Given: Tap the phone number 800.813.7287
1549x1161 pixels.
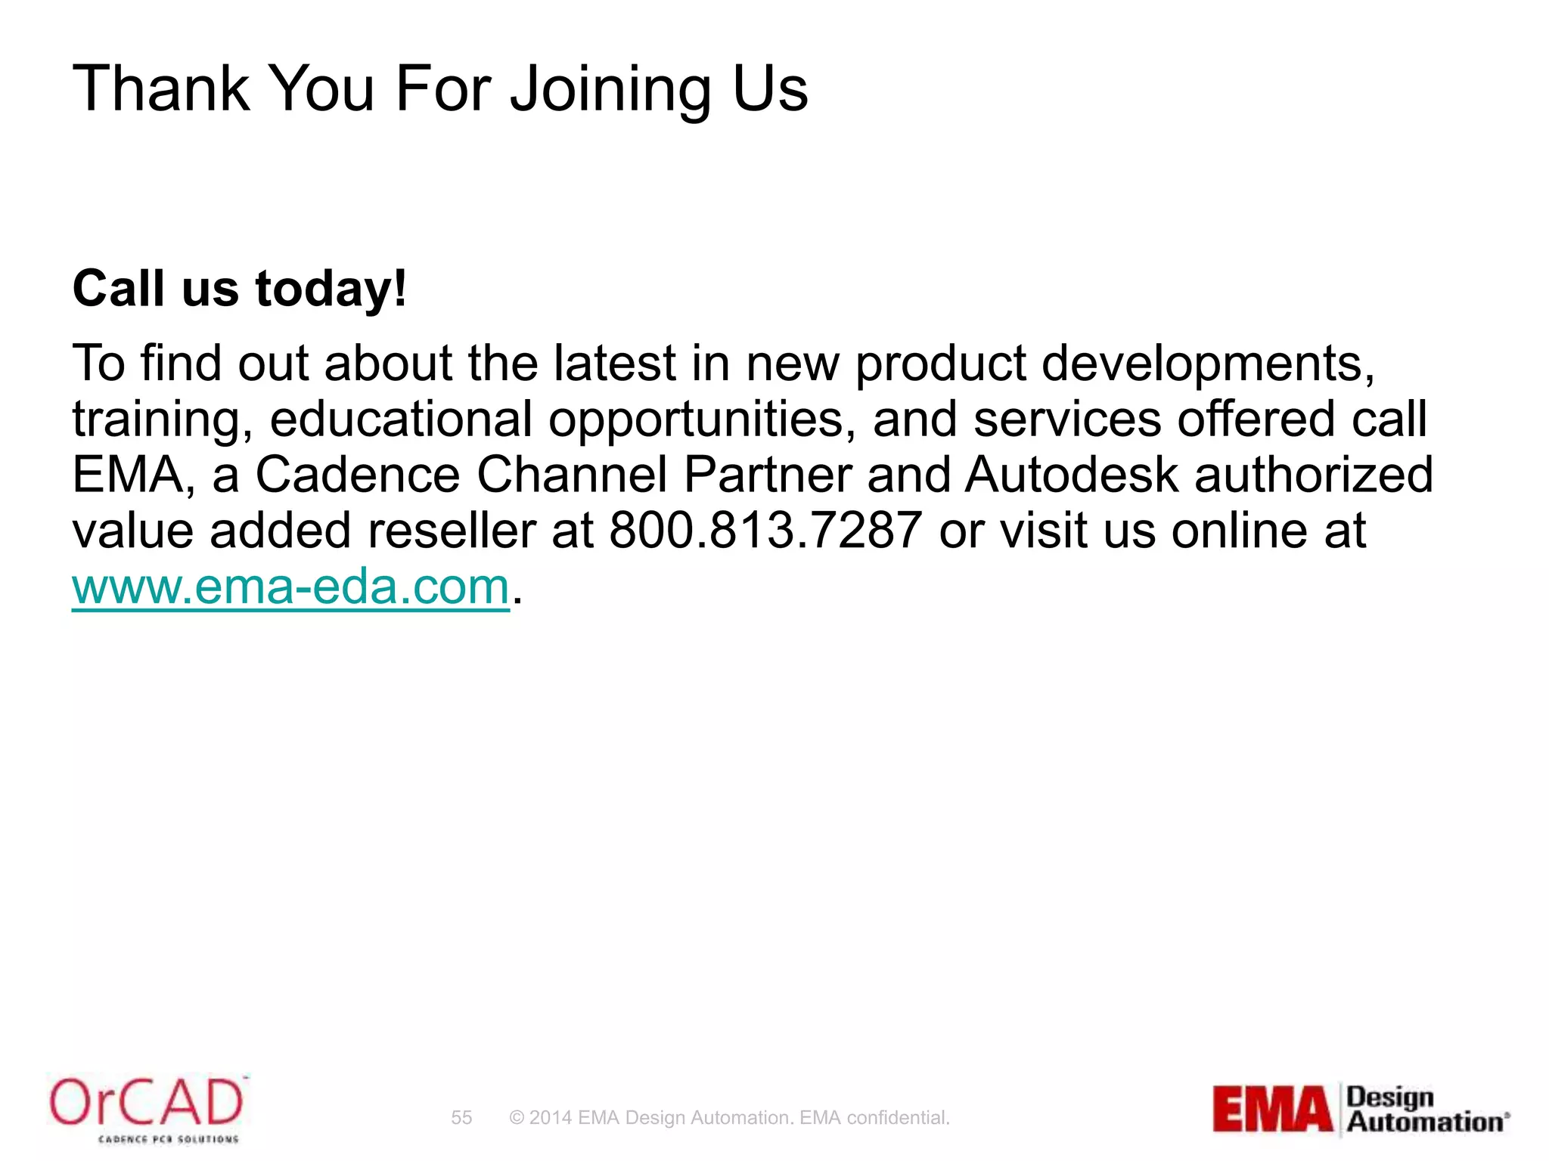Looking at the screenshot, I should pos(765,531).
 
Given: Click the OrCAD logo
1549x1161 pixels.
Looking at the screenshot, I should pos(147,1107).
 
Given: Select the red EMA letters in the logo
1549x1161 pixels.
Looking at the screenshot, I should pos(1272,1110).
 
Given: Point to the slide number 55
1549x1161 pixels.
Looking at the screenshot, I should pos(461,1117).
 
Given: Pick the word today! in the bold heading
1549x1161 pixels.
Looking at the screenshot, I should pos(331,289).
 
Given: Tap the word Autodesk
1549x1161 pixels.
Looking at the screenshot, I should pos(1072,475).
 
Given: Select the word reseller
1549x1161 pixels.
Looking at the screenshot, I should pos(451,531).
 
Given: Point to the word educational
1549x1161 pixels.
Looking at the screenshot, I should pos(401,420).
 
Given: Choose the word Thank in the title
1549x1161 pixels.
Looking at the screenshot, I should pos(160,89).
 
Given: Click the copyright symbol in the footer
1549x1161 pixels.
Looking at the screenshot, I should pos(517,1117).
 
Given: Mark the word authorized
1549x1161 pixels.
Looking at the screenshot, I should pos(1313,475).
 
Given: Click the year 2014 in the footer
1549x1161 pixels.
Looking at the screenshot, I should pos(550,1117).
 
